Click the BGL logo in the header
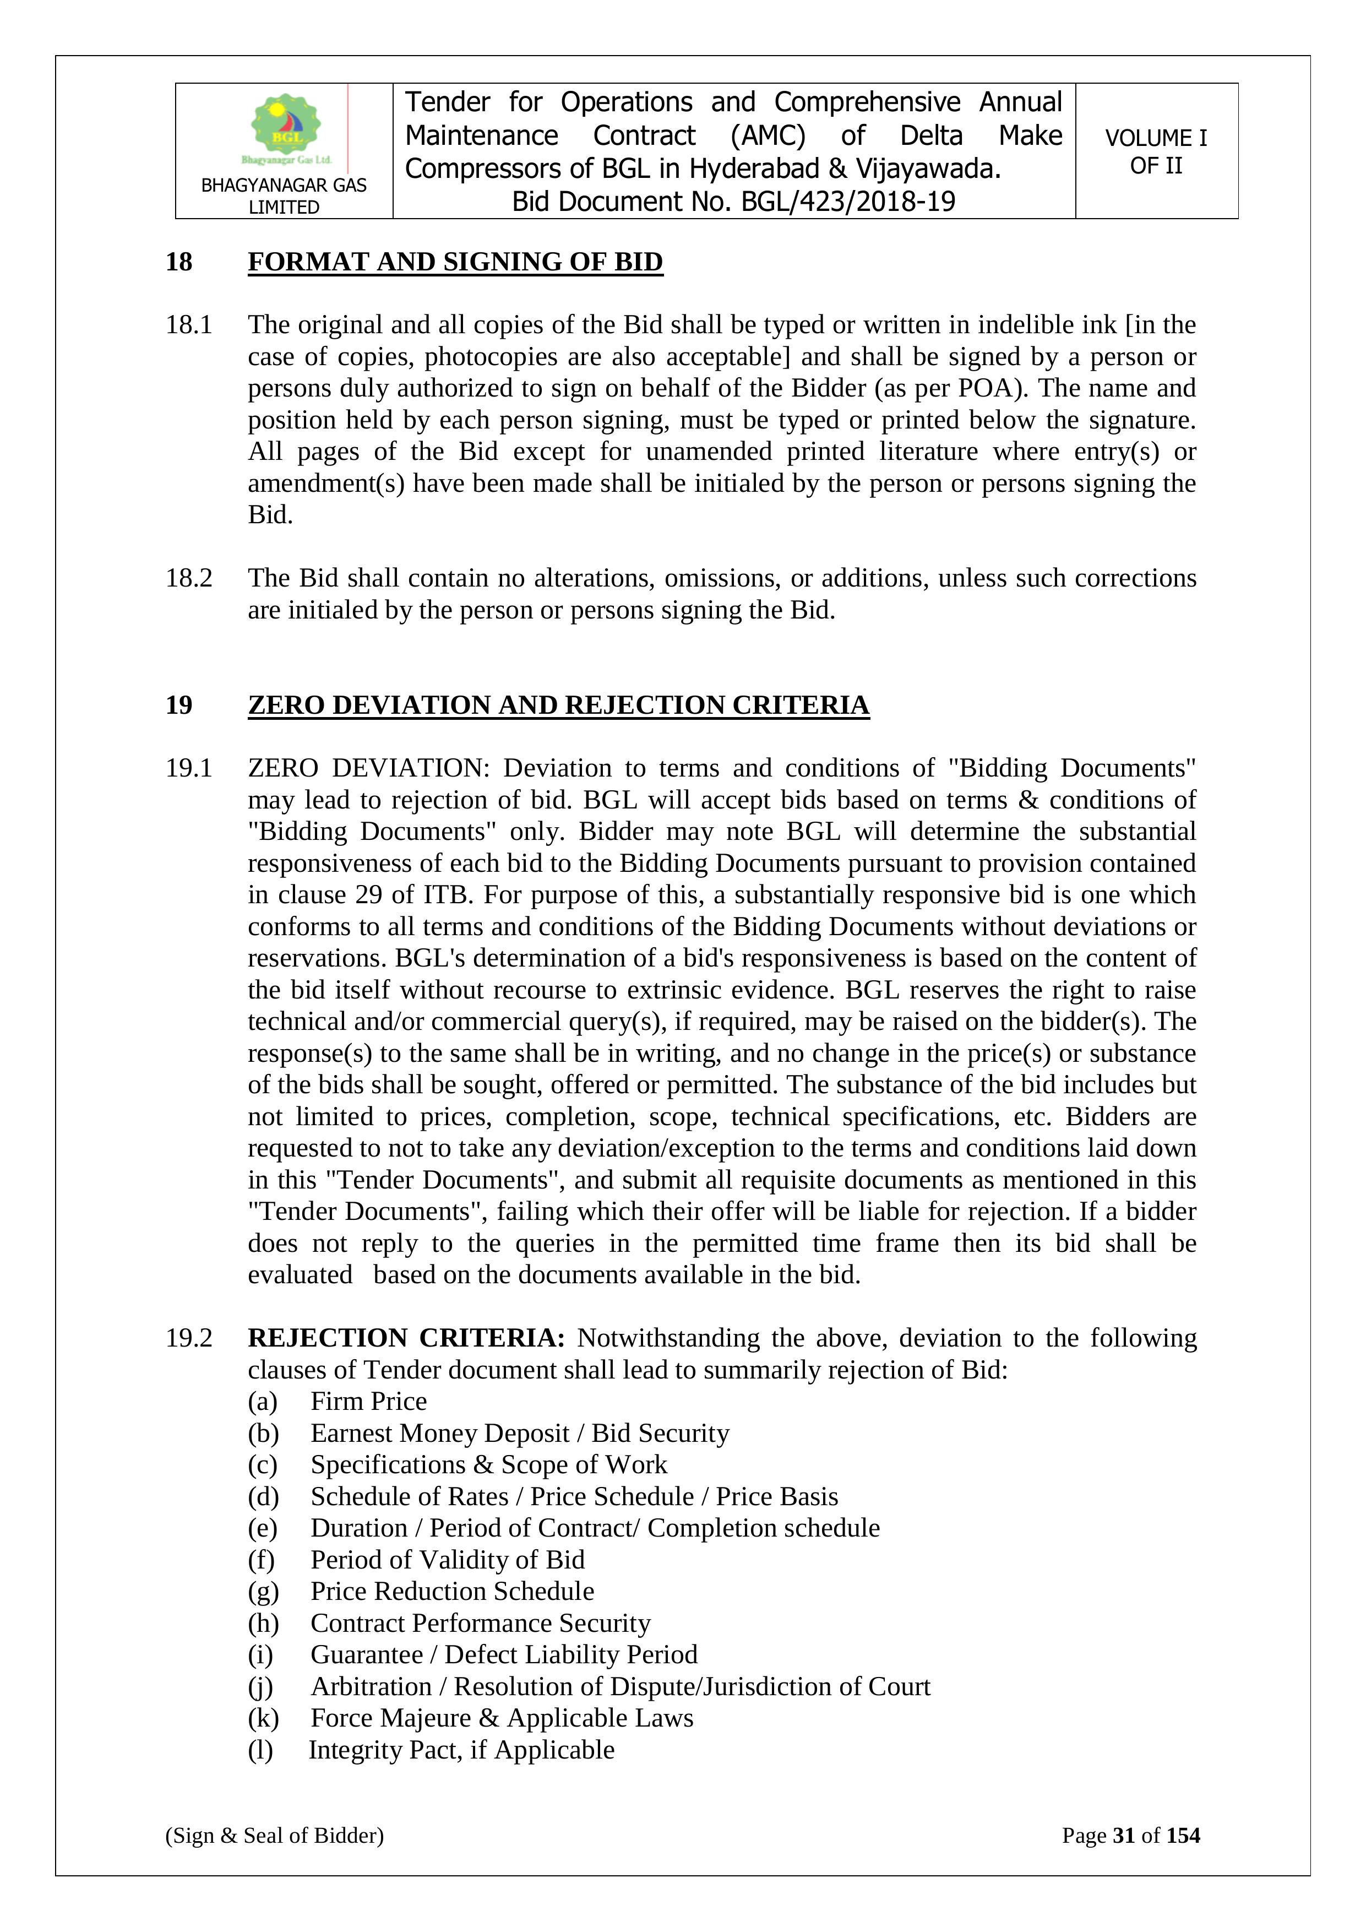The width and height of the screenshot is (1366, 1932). [286, 128]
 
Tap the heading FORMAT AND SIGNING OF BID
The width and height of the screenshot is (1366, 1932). [455, 262]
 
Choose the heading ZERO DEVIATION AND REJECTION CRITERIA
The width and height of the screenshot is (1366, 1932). [558, 704]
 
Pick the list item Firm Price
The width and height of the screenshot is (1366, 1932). [368, 1401]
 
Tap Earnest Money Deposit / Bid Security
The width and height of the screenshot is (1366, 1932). [520, 1433]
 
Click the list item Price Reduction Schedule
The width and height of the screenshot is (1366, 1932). [451, 1591]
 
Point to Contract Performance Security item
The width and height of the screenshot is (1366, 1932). [480, 1623]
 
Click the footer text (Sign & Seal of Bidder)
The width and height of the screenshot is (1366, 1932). [274, 1835]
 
